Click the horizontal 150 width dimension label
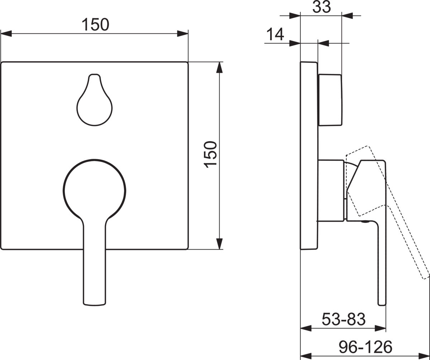coord(95,24)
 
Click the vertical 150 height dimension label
coord(210,155)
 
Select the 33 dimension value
coord(321,7)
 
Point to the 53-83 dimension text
coord(344,319)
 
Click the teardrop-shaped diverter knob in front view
coord(95,100)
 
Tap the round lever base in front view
coord(95,191)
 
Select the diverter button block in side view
coord(330,100)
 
